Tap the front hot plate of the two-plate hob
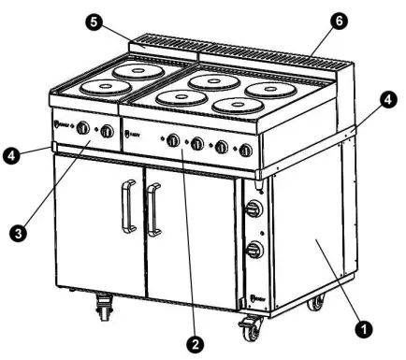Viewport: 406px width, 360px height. tap(106, 87)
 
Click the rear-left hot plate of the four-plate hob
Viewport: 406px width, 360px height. tap(213, 82)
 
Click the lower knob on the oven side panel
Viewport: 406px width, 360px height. tap(252, 250)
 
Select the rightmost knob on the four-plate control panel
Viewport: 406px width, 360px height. tap(245, 150)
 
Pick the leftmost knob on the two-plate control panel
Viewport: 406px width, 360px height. tap(82, 128)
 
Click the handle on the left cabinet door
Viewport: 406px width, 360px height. tap(126, 207)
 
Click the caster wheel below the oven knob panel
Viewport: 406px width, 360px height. tap(251, 330)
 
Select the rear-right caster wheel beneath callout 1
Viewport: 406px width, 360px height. tap(317, 302)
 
